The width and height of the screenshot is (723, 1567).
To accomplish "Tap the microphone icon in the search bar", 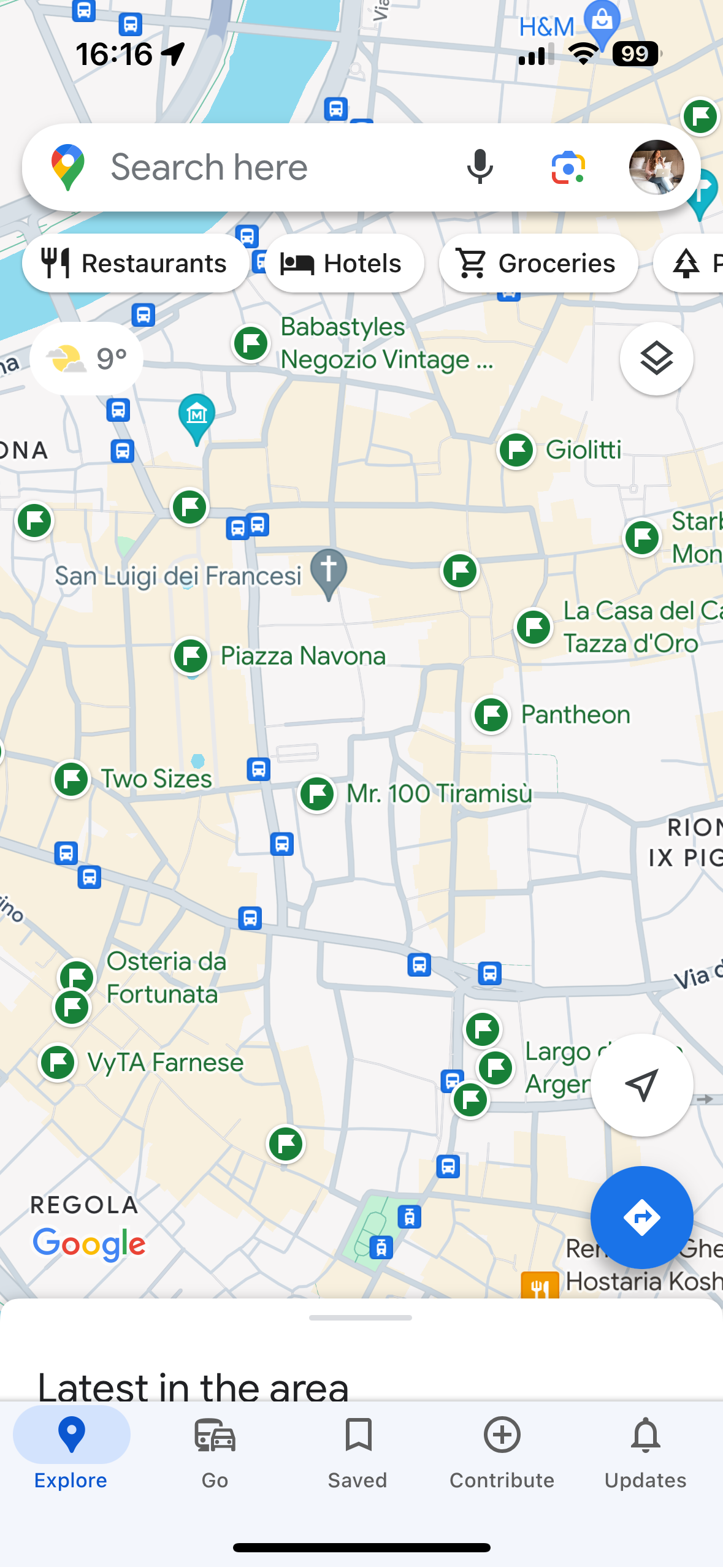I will [480, 167].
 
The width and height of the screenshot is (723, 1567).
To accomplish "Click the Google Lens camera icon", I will [568, 167].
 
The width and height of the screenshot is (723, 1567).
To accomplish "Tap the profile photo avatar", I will [656, 167].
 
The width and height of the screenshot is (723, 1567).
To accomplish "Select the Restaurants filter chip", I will [135, 264].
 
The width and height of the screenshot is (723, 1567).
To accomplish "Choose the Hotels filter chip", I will [344, 264].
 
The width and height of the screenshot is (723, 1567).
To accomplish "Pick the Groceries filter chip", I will [538, 264].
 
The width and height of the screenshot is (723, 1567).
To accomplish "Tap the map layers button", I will [656, 359].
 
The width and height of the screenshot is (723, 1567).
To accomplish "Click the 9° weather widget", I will [86, 359].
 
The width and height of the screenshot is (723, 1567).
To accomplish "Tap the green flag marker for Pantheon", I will [491, 714].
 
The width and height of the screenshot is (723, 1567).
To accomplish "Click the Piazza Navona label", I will [303, 656].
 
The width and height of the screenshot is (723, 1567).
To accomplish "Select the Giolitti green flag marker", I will [516, 450].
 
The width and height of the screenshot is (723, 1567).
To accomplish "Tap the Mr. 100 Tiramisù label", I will [439, 793].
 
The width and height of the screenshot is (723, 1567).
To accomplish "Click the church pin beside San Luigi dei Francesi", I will [329, 571].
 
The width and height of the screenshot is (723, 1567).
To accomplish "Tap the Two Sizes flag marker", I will [71, 779].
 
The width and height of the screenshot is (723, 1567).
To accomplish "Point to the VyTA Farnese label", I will [166, 1062].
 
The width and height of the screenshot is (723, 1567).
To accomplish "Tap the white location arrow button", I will [641, 1085].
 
